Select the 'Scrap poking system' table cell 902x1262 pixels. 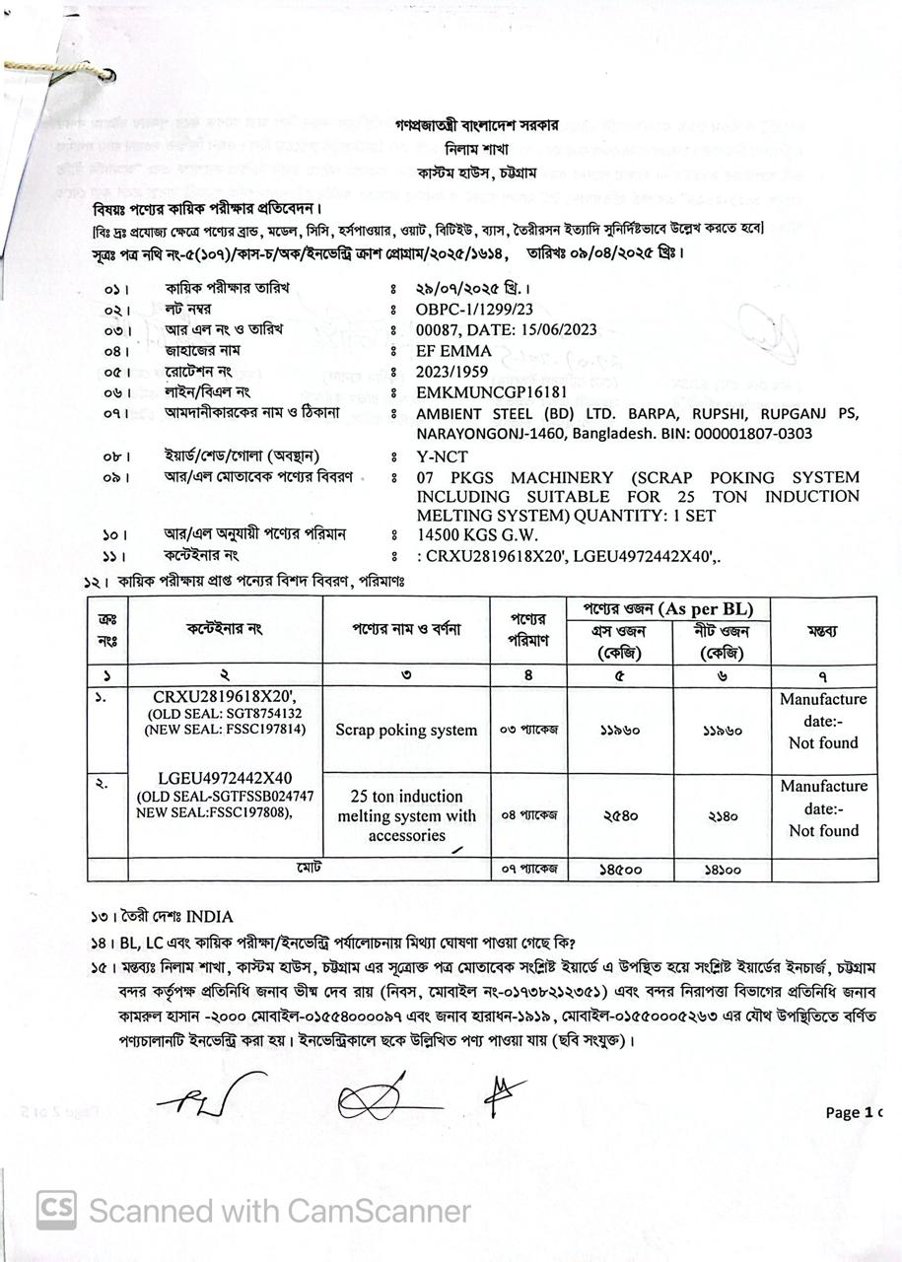point(406,731)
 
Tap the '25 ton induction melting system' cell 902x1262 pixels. point(406,815)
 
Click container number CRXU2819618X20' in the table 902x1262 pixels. point(225,696)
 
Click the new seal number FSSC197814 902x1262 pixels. point(263,730)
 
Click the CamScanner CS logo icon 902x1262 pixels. point(56,1210)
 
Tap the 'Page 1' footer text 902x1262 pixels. point(853,1112)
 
